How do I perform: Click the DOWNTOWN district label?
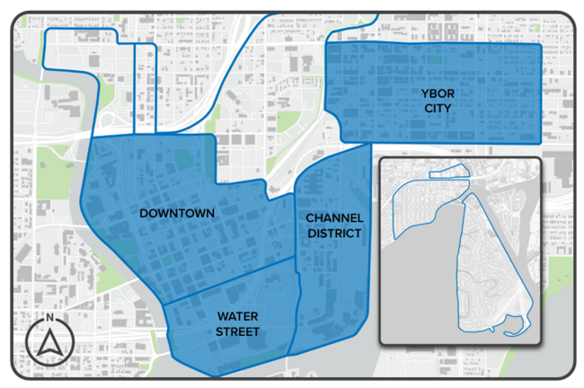pyautogui.click(x=176, y=213)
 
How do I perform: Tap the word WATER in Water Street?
pyautogui.click(x=237, y=317)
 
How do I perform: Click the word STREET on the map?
pyautogui.click(x=237, y=332)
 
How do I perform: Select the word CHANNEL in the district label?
pyautogui.click(x=334, y=218)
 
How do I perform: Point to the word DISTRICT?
pyautogui.click(x=334, y=234)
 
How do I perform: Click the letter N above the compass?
pyautogui.click(x=50, y=318)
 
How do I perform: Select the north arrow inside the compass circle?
pyautogui.click(x=50, y=342)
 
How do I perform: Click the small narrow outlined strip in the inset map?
pyautogui.click(x=449, y=174)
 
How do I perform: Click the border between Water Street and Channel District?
pyautogui.click(x=296, y=305)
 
